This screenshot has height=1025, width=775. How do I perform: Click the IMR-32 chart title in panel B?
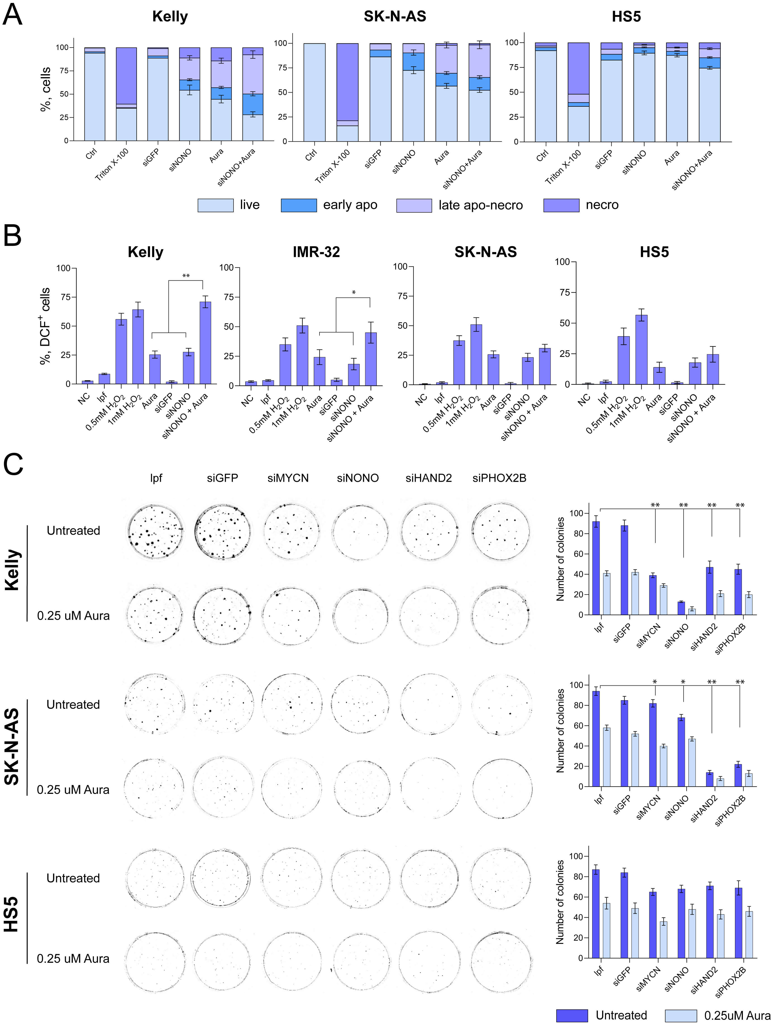pos(316,252)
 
